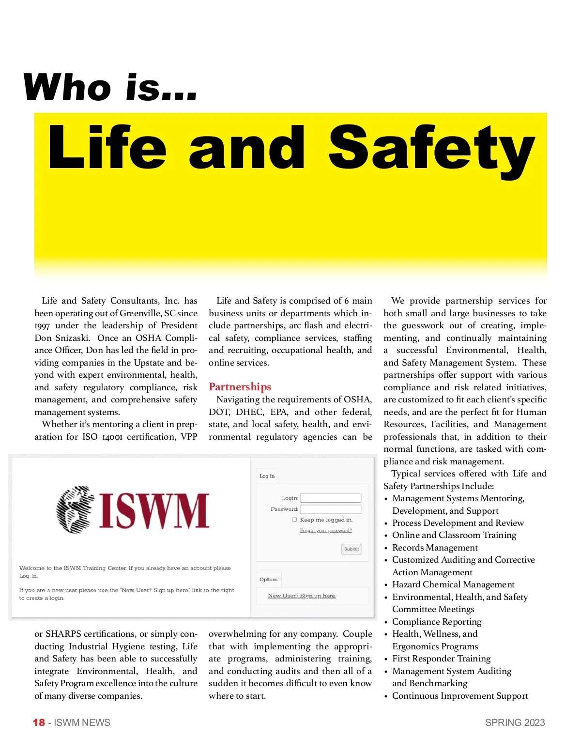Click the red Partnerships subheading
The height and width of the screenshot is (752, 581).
click(240, 387)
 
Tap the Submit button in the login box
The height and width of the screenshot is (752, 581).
click(352, 549)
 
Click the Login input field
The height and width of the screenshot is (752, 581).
click(331, 498)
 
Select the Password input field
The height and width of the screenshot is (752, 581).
click(331, 509)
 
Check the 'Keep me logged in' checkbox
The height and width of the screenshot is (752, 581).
click(294, 520)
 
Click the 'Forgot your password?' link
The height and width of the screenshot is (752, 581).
click(326, 531)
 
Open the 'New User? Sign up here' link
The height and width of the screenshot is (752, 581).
click(302, 596)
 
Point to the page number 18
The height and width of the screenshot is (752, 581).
click(39, 722)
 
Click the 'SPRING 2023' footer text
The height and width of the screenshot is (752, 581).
click(515, 722)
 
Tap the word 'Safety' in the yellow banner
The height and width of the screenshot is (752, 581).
click(431, 147)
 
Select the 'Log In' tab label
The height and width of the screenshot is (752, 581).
click(267, 476)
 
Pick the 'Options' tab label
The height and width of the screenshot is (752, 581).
click(268, 579)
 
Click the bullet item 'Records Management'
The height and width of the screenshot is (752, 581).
click(435, 548)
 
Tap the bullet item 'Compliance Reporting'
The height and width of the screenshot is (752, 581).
click(437, 622)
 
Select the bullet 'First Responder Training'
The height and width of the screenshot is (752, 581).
click(441, 659)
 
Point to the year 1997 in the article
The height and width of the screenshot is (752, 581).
click(42, 326)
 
